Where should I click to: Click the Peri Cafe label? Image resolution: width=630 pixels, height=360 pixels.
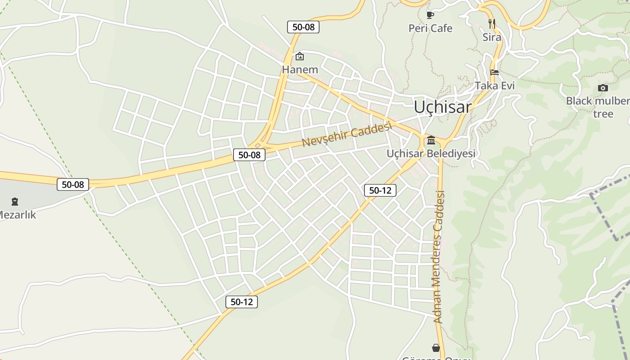click(x=430, y=28)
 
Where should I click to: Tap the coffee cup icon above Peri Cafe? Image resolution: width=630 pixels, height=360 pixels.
click(x=430, y=15)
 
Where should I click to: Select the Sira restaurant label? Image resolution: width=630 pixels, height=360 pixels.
click(x=491, y=37)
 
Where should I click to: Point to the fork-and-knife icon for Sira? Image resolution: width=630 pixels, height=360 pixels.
click(x=492, y=23)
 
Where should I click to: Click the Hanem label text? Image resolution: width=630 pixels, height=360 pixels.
click(x=300, y=70)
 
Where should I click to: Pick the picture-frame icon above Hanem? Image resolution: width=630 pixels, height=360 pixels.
click(x=300, y=56)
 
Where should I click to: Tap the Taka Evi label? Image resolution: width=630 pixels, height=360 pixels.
click(x=495, y=85)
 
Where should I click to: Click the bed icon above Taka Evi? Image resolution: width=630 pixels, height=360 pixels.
click(x=495, y=72)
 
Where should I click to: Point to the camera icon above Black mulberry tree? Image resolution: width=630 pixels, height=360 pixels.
click(x=603, y=88)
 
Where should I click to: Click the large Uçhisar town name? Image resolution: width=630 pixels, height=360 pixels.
click(x=442, y=107)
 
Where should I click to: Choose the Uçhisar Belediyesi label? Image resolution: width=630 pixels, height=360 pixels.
click(x=431, y=153)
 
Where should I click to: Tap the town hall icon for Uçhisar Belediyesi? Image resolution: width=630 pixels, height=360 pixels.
click(x=431, y=140)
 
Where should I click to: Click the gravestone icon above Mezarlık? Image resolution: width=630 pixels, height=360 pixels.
click(x=15, y=201)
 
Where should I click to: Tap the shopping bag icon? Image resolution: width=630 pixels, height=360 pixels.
click(x=436, y=348)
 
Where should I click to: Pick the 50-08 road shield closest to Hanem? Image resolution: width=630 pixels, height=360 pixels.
click(x=303, y=27)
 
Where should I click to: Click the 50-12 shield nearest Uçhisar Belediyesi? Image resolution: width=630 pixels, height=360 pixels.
click(x=380, y=190)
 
